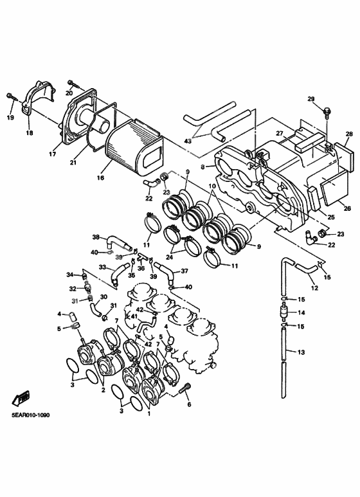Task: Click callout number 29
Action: [311, 99]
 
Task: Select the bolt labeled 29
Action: [327, 113]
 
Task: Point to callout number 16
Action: [100, 178]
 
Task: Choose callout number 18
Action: [30, 133]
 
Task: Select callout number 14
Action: [301, 312]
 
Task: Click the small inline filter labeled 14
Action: [284, 312]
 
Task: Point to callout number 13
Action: [301, 352]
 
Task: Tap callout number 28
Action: [349, 134]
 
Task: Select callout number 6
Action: [189, 404]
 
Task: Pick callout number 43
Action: [188, 141]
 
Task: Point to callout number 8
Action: [203, 166]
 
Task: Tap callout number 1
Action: [149, 413]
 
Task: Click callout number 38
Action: [96, 237]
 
